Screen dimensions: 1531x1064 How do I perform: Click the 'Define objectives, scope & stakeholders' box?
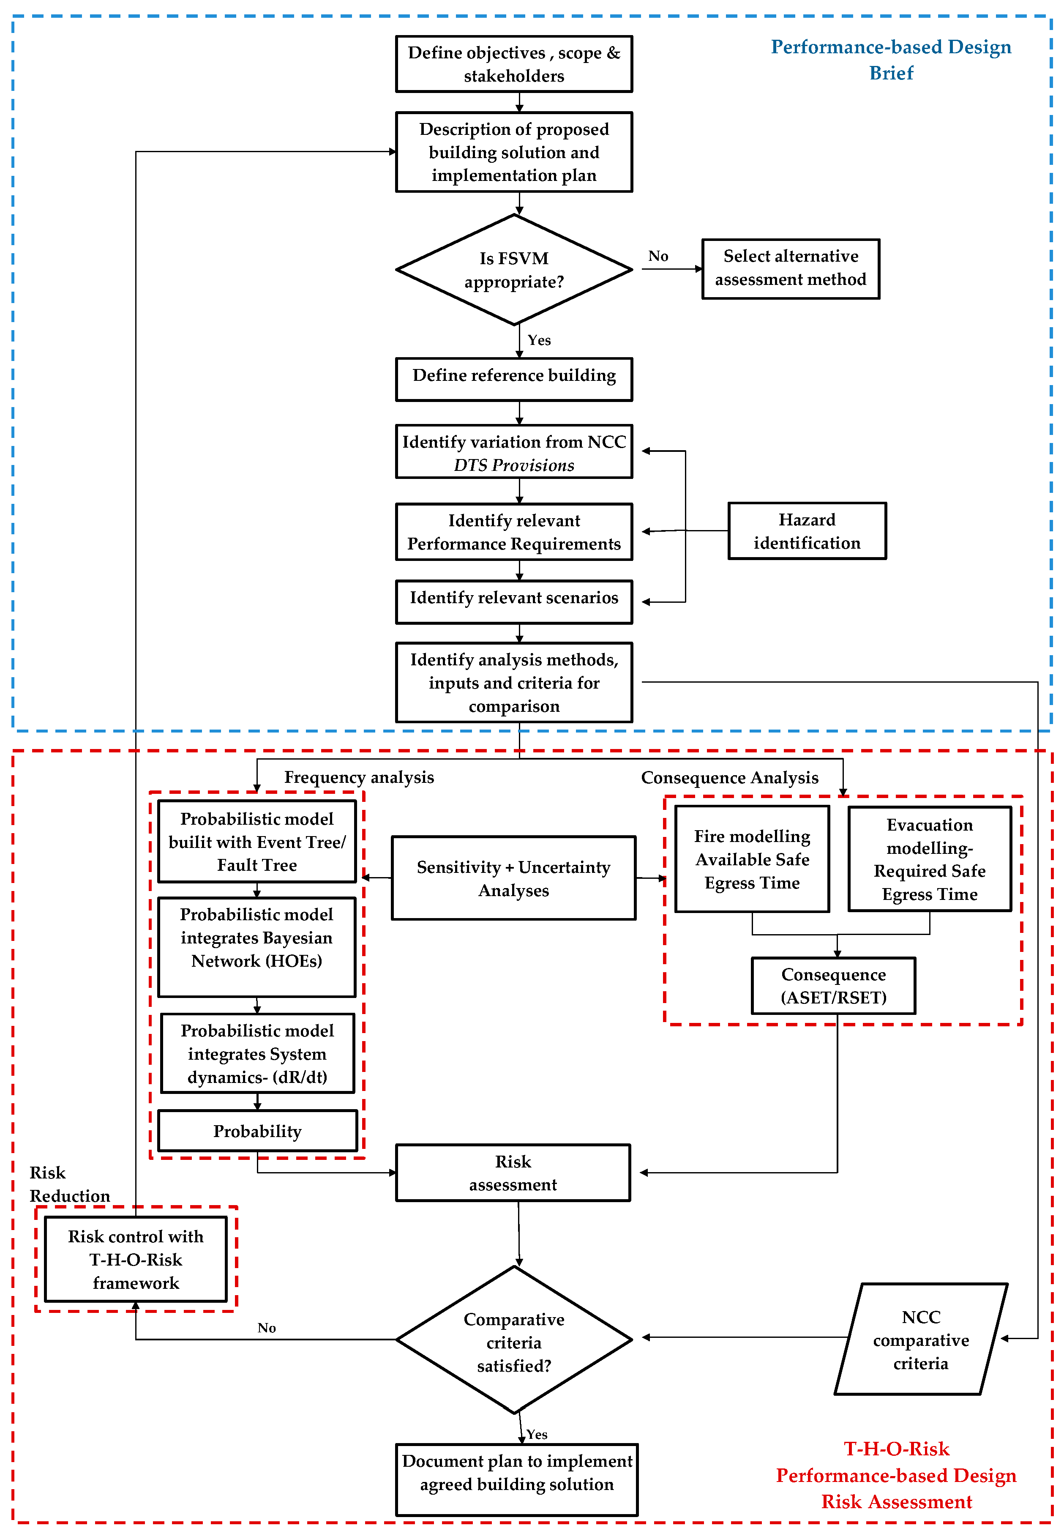513,64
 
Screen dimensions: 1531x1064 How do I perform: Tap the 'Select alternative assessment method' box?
791,268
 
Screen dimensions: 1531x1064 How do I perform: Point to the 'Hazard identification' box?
807,531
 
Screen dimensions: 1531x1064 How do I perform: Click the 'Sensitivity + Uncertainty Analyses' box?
513,878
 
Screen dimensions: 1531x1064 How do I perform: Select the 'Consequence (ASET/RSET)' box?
833,986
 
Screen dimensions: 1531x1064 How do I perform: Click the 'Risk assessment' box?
513,1173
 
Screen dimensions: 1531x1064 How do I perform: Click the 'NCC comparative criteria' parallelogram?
921,1340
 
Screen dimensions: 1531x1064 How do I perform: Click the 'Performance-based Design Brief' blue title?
891,59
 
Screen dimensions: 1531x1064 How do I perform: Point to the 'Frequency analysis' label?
359,777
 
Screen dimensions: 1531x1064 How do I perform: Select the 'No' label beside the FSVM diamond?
658,256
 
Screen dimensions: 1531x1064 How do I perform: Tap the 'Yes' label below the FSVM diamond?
539,340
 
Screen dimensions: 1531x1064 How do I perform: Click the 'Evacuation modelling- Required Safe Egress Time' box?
929,859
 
